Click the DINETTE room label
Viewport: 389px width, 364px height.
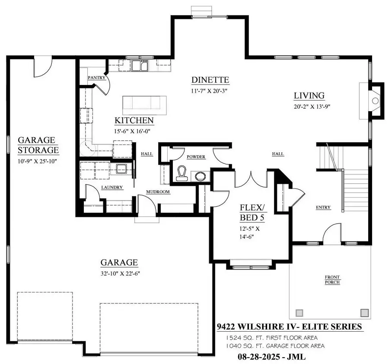click(x=210, y=80)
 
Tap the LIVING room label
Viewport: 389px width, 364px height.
click(x=309, y=95)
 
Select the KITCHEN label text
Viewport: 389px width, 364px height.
click(x=134, y=120)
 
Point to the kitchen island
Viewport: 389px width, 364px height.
click(x=144, y=105)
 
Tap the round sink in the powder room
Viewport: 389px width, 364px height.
click(x=200, y=176)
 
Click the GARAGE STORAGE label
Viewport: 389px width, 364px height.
click(x=38, y=145)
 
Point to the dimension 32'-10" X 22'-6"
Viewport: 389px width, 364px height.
click(x=119, y=273)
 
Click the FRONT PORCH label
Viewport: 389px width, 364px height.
click(x=332, y=279)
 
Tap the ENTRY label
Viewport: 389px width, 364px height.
click(x=323, y=207)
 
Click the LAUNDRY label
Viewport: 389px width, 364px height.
click(x=112, y=188)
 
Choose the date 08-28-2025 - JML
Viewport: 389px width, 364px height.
click(x=274, y=357)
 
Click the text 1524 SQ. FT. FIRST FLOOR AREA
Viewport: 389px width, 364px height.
click(x=271, y=337)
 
